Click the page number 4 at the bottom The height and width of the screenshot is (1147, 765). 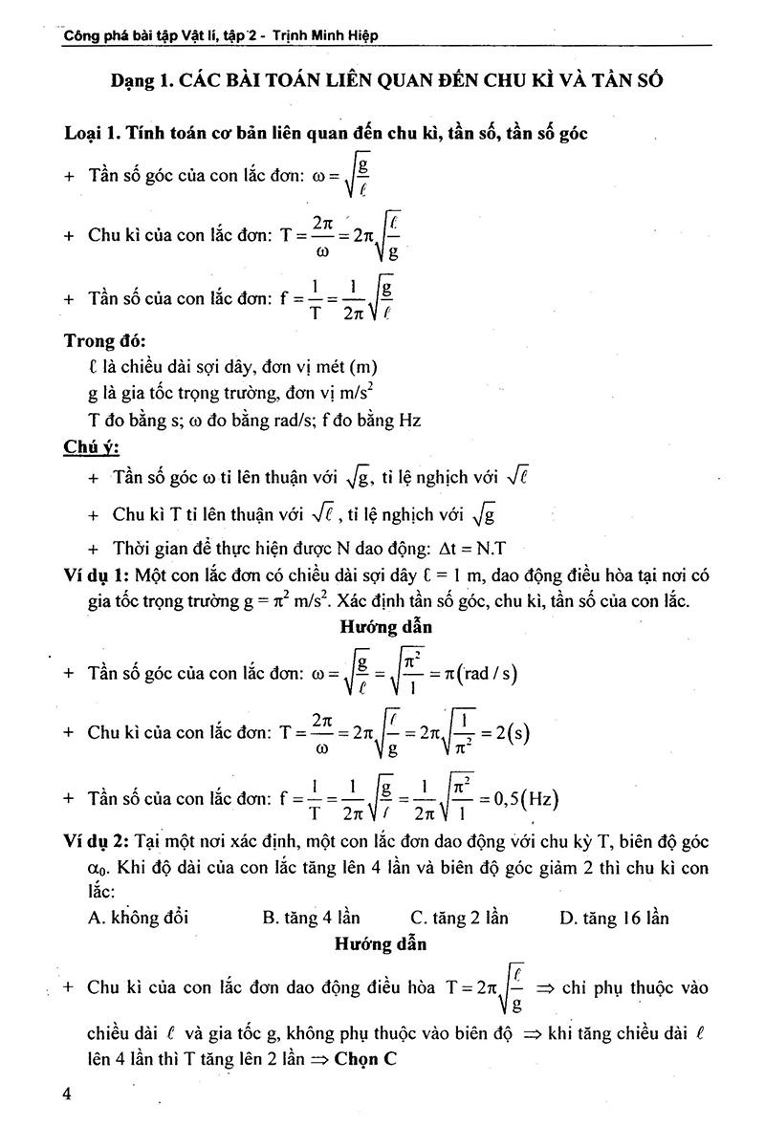(x=67, y=1094)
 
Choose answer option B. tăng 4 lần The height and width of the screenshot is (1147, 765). (x=311, y=918)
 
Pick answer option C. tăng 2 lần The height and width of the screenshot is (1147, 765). (x=459, y=918)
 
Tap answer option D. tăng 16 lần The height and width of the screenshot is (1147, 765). (x=614, y=918)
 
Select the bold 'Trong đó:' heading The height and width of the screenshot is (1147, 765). (x=105, y=341)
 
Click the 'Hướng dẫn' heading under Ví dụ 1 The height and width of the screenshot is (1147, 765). (x=385, y=627)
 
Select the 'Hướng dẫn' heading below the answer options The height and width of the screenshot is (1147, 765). (x=381, y=943)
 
